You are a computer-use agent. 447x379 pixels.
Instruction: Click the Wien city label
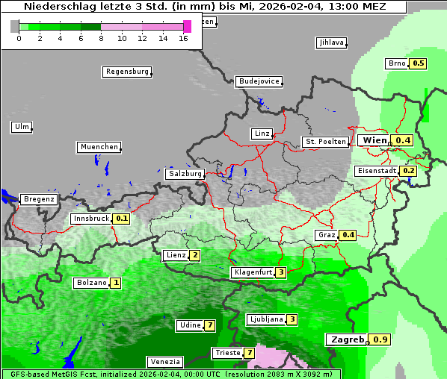(375, 140)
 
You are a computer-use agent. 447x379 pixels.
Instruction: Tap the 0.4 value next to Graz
(348, 235)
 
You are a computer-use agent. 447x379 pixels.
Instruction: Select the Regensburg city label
(126, 72)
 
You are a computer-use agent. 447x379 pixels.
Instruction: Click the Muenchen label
(98, 147)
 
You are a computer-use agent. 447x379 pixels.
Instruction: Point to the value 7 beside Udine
(210, 325)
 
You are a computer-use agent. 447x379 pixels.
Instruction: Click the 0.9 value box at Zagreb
(380, 339)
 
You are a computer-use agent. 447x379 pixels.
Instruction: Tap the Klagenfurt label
(252, 272)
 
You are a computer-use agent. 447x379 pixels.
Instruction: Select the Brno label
(396, 63)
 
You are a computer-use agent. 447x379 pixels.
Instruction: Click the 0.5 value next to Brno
(418, 63)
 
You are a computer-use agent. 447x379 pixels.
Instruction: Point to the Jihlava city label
(330, 43)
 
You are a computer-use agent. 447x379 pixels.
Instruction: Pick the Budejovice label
(259, 81)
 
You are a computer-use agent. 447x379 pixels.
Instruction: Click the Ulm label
(22, 127)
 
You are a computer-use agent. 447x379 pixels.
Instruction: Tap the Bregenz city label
(39, 199)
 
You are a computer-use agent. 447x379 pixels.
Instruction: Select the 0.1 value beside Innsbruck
(122, 219)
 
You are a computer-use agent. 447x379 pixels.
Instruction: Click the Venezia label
(164, 361)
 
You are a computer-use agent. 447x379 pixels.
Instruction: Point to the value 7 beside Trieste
(249, 353)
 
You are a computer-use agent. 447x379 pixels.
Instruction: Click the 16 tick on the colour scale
(183, 37)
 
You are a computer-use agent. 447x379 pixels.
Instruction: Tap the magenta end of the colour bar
(187, 26)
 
